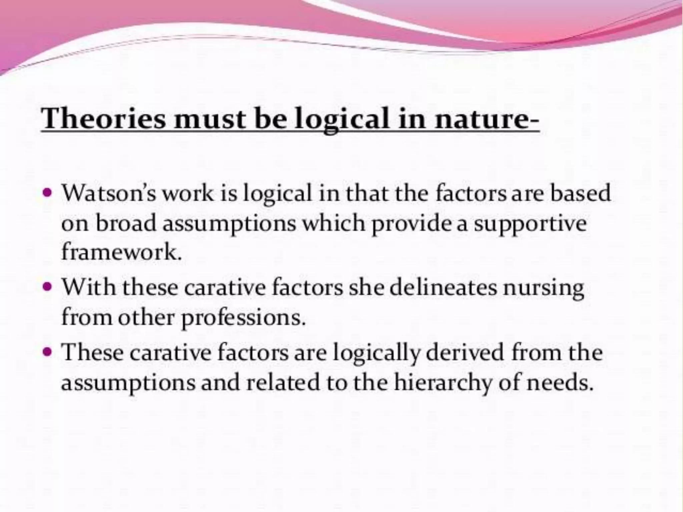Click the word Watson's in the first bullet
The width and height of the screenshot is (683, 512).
(109, 193)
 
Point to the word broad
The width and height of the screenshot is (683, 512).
(126, 223)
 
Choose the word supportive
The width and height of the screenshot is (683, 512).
(530, 223)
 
